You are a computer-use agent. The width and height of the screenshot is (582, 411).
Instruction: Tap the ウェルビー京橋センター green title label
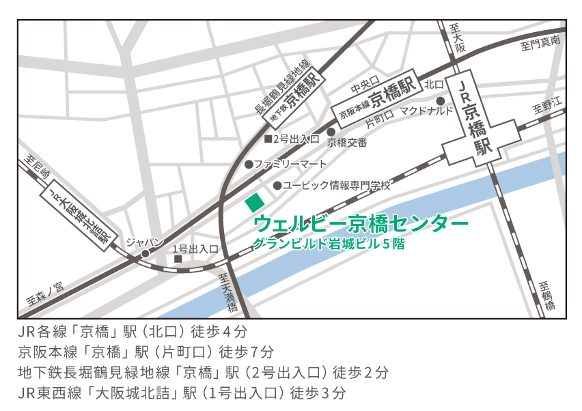(x=361, y=223)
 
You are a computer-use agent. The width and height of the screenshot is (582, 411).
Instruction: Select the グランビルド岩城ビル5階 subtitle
(x=329, y=243)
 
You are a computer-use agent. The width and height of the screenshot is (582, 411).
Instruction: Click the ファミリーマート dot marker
(x=249, y=165)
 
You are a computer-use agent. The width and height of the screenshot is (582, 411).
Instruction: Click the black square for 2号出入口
(x=268, y=139)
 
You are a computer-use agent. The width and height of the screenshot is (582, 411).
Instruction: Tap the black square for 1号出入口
(x=178, y=259)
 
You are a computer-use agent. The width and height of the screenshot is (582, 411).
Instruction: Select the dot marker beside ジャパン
(x=145, y=254)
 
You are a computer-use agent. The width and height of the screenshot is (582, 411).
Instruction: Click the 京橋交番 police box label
(x=347, y=143)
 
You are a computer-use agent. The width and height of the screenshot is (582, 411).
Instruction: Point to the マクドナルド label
(x=426, y=110)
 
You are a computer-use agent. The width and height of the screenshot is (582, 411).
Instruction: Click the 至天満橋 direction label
(x=230, y=294)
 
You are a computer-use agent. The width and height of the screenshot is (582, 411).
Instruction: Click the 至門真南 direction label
(x=540, y=43)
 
